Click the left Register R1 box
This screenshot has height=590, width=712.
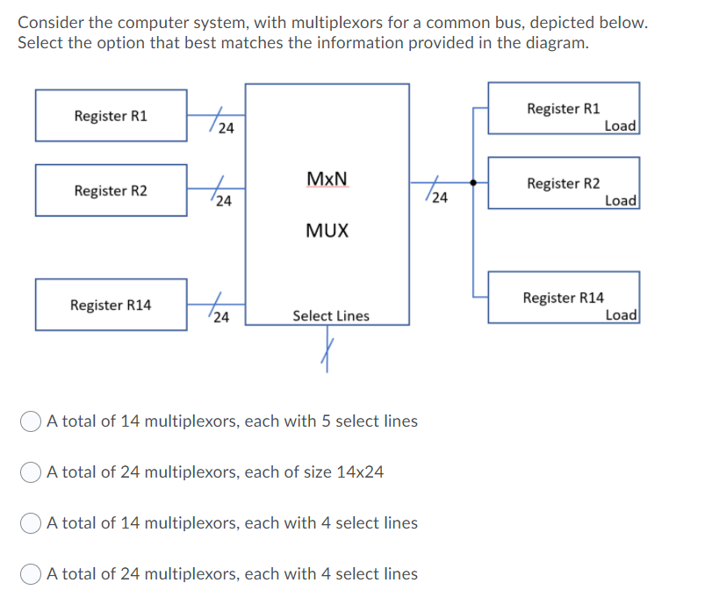(x=111, y=115)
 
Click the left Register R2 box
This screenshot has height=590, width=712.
(x=111, y=191)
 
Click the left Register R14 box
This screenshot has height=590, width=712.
(x=111, y=305)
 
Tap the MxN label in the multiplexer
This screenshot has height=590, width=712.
(x=327, y=179)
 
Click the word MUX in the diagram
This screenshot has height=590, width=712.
(x=327, y=231)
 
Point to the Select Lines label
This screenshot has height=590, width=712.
(x=331, y=315)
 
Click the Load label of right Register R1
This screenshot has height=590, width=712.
(x=621, y=126)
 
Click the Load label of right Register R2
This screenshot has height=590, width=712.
(x=621, y=200)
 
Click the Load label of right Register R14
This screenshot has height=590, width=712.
(x=621, y=314)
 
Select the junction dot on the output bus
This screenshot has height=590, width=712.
(x=474, y=183)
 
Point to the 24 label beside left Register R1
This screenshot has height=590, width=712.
(x=226, y=129)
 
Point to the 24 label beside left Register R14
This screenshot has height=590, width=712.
(x=222, y=318)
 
